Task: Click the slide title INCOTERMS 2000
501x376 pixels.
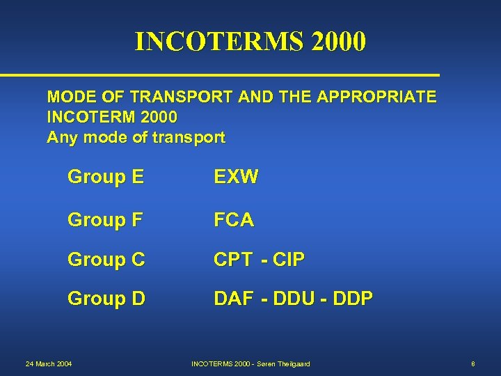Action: point(250,42)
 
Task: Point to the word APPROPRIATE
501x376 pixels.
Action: point(376,96)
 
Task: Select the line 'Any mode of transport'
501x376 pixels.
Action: point(136,137)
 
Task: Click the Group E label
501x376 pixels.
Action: point(106,177)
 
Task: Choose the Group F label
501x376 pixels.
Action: point(105,220)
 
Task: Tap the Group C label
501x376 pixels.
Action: point(106,260)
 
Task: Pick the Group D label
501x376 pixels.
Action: point(106,299)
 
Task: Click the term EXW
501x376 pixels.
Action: point(236,177)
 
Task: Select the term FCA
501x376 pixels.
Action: point(234,220)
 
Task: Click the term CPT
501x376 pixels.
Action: point(233,260)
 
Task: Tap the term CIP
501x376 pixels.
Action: point(288,260)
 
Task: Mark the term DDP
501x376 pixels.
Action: point(353,299)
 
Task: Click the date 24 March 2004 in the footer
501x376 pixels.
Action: point(49,363)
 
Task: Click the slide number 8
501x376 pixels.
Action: point(472,363)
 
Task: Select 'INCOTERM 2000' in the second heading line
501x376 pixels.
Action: point(112,116)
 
